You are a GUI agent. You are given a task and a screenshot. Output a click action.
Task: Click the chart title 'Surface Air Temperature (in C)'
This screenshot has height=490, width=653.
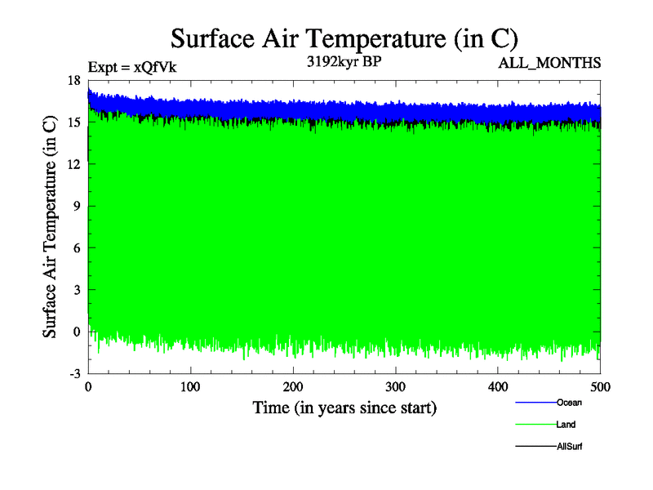[344, 38]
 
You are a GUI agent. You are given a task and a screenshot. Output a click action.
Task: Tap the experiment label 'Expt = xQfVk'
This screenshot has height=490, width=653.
[131, 68]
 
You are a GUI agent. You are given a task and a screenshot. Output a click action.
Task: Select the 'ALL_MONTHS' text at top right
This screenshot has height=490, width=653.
[549, 63]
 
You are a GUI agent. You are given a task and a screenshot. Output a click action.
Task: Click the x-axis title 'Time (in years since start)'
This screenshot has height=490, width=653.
[344, 407]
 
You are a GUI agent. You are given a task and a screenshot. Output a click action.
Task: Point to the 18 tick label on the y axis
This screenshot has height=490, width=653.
[73, 80]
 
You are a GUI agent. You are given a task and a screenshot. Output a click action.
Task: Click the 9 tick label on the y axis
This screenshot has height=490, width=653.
[77, 206]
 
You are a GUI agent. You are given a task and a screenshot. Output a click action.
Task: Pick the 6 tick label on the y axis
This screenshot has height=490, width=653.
[77, 247]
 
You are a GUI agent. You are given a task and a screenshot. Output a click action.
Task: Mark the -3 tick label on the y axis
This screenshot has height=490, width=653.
[74, 373]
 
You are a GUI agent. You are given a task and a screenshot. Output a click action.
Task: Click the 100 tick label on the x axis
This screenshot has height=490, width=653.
[191, 387]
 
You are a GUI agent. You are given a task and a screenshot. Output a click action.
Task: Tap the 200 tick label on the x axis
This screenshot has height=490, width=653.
[293, 387]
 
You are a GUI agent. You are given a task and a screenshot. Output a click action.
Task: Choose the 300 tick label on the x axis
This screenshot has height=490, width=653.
[396, 387]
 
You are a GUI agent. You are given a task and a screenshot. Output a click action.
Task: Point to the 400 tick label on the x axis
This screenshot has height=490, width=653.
[498, 387]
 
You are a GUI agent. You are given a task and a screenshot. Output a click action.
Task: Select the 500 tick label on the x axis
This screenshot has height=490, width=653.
[601, 387]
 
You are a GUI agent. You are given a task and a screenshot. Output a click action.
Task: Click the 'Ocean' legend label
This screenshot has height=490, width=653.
[569, 402]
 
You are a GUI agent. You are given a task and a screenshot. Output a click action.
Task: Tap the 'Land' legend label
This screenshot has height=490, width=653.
[566, 425]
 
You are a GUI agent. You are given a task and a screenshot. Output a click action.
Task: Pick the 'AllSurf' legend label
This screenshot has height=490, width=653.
[570, 447]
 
